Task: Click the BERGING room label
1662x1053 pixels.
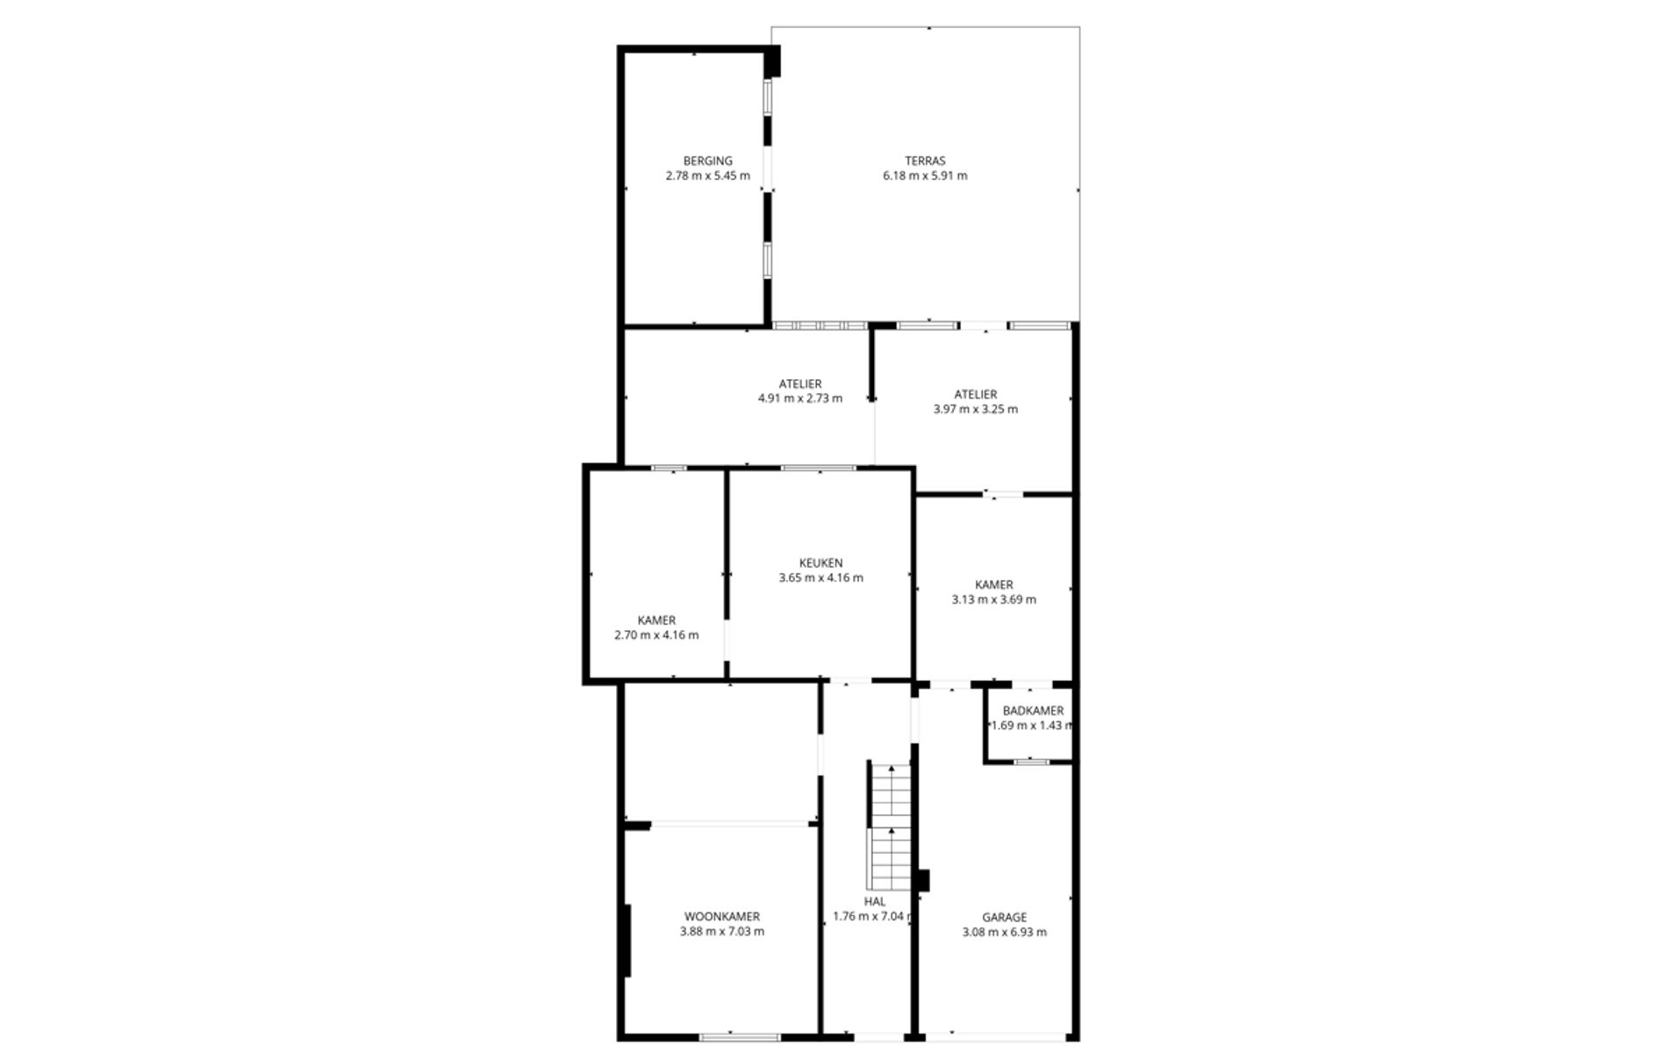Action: (x=707, y=161)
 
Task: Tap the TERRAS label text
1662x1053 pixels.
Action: (x=925, y=161)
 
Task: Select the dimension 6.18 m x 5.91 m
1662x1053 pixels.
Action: (x=925, y=175)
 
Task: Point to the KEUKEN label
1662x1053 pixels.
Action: (x=820, y=563)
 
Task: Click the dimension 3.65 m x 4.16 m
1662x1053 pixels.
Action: (x=820, y=578)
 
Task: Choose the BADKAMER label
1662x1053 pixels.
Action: (x=1033, y=711)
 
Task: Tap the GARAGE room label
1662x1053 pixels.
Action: (x=1004, y=918)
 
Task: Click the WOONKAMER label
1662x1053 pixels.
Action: (x=721, y=917)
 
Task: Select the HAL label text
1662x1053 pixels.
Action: (x=874, y=901)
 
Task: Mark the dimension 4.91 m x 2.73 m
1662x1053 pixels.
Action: (x=799, y=398)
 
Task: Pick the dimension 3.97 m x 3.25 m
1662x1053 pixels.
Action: (x=975, y=409)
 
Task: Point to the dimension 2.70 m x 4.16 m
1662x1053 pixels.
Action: (x=656, y=635)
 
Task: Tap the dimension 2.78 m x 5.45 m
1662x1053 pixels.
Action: (x=707, y=175)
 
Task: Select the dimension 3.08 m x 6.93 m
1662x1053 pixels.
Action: (x=1004, y=933)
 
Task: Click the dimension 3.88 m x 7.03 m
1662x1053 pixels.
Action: (x=721, y=932)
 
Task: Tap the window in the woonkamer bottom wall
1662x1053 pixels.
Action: (x=739, y=1037)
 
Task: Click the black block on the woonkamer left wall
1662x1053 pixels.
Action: (x=626, y=941)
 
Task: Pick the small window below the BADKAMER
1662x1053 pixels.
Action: (x=1031, y=762)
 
